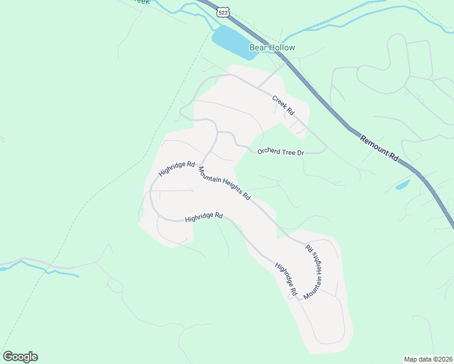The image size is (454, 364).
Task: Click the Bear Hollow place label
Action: pyautogui.click(x=272, y=47)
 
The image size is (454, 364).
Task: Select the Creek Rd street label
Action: pyautogui.click(x=283, y=106)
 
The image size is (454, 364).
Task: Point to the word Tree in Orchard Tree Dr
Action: pyautogui.click(x=288, y=152)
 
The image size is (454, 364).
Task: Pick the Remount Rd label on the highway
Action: pyautogui.click(x=379, y=148)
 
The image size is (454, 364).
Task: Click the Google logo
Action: pyautogui.click(x=20, y=357)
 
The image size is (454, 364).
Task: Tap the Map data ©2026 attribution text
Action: pyautogui.click(x=428, y=359)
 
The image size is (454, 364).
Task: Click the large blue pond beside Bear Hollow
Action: pyautogui.click(x=234, y=41)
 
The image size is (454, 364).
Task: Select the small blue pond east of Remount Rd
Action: pyautogui.click(x=402, y=184)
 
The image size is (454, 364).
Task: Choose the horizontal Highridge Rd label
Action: pyautogui.click(x=204, y=217)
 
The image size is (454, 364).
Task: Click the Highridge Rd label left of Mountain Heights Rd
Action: pyautogui.click(x=177, y=169)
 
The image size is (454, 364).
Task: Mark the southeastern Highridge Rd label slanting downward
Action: pyautogui.click(x=285, y=279)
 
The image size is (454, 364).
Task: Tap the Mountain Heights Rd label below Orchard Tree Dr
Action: pyautogui.click(x=224, y=184)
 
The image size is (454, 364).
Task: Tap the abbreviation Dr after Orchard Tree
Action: pyautogui.click(x=300, y=152)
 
